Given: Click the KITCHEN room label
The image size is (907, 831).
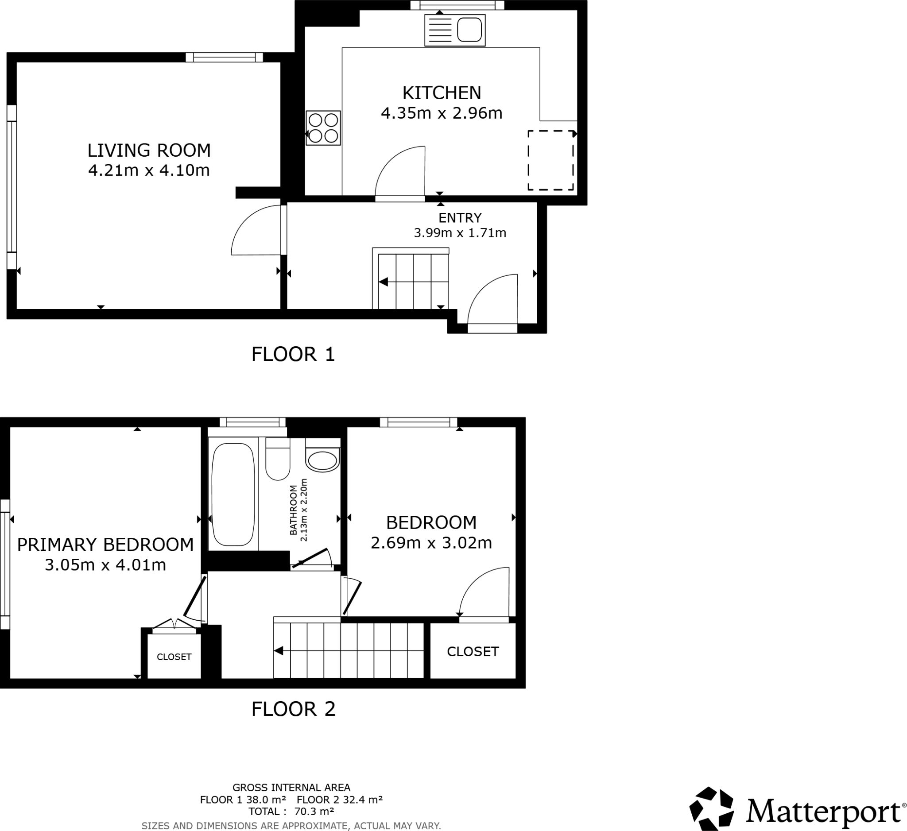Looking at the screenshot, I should click(442, 93).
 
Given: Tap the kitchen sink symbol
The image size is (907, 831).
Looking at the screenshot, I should click(455, 30).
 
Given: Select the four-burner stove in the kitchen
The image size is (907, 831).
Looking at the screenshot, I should click(323, 128).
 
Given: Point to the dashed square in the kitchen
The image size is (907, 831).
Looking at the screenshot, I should click(550, 160).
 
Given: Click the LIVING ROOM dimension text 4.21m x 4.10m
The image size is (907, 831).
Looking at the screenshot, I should click(149, 170).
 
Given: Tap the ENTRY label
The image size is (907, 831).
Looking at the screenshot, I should click(460, 218).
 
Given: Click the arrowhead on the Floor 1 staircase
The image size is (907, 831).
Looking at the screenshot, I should click(384, 282).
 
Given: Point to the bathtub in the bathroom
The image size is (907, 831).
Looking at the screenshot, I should click(233, 495).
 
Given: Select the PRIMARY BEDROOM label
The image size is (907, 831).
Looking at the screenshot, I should click(105, 545).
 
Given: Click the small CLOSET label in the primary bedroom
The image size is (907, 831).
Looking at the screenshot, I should click(174, 657).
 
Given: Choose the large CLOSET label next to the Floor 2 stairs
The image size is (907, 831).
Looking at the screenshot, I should click(473, 652).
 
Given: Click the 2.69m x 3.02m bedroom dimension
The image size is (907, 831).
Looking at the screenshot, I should click(431, 543).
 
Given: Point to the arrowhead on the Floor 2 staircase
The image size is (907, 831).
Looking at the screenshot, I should click(279, 651).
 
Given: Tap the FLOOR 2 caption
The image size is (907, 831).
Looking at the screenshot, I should click(293, 709).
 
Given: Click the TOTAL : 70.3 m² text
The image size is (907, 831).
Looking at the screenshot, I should click(291, 812).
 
